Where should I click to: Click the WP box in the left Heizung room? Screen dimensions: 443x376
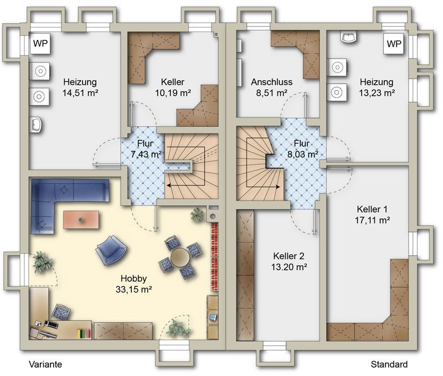(40, 44)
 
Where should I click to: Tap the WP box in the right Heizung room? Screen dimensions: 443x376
(394, 44)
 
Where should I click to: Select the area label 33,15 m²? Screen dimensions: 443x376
(134, 289)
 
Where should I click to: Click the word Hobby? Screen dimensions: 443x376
(133, 279)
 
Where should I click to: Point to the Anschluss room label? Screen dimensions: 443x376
(272, 82)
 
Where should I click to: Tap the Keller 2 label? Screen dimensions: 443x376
(289, 256)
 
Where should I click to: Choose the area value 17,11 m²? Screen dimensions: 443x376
(373, 220)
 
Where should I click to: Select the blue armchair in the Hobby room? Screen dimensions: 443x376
(111, 250)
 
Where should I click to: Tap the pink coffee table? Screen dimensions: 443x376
(81, 219)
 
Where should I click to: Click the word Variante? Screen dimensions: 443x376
(45, 364)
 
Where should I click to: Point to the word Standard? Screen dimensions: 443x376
(389, 364)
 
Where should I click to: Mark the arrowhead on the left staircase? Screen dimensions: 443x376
(169, 186)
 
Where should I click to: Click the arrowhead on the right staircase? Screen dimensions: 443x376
(278, 187)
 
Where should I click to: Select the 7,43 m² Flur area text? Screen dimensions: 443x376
(146, 154)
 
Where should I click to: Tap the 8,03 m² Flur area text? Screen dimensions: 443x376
(302, 154)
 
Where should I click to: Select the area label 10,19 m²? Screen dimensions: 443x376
(173, 92)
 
